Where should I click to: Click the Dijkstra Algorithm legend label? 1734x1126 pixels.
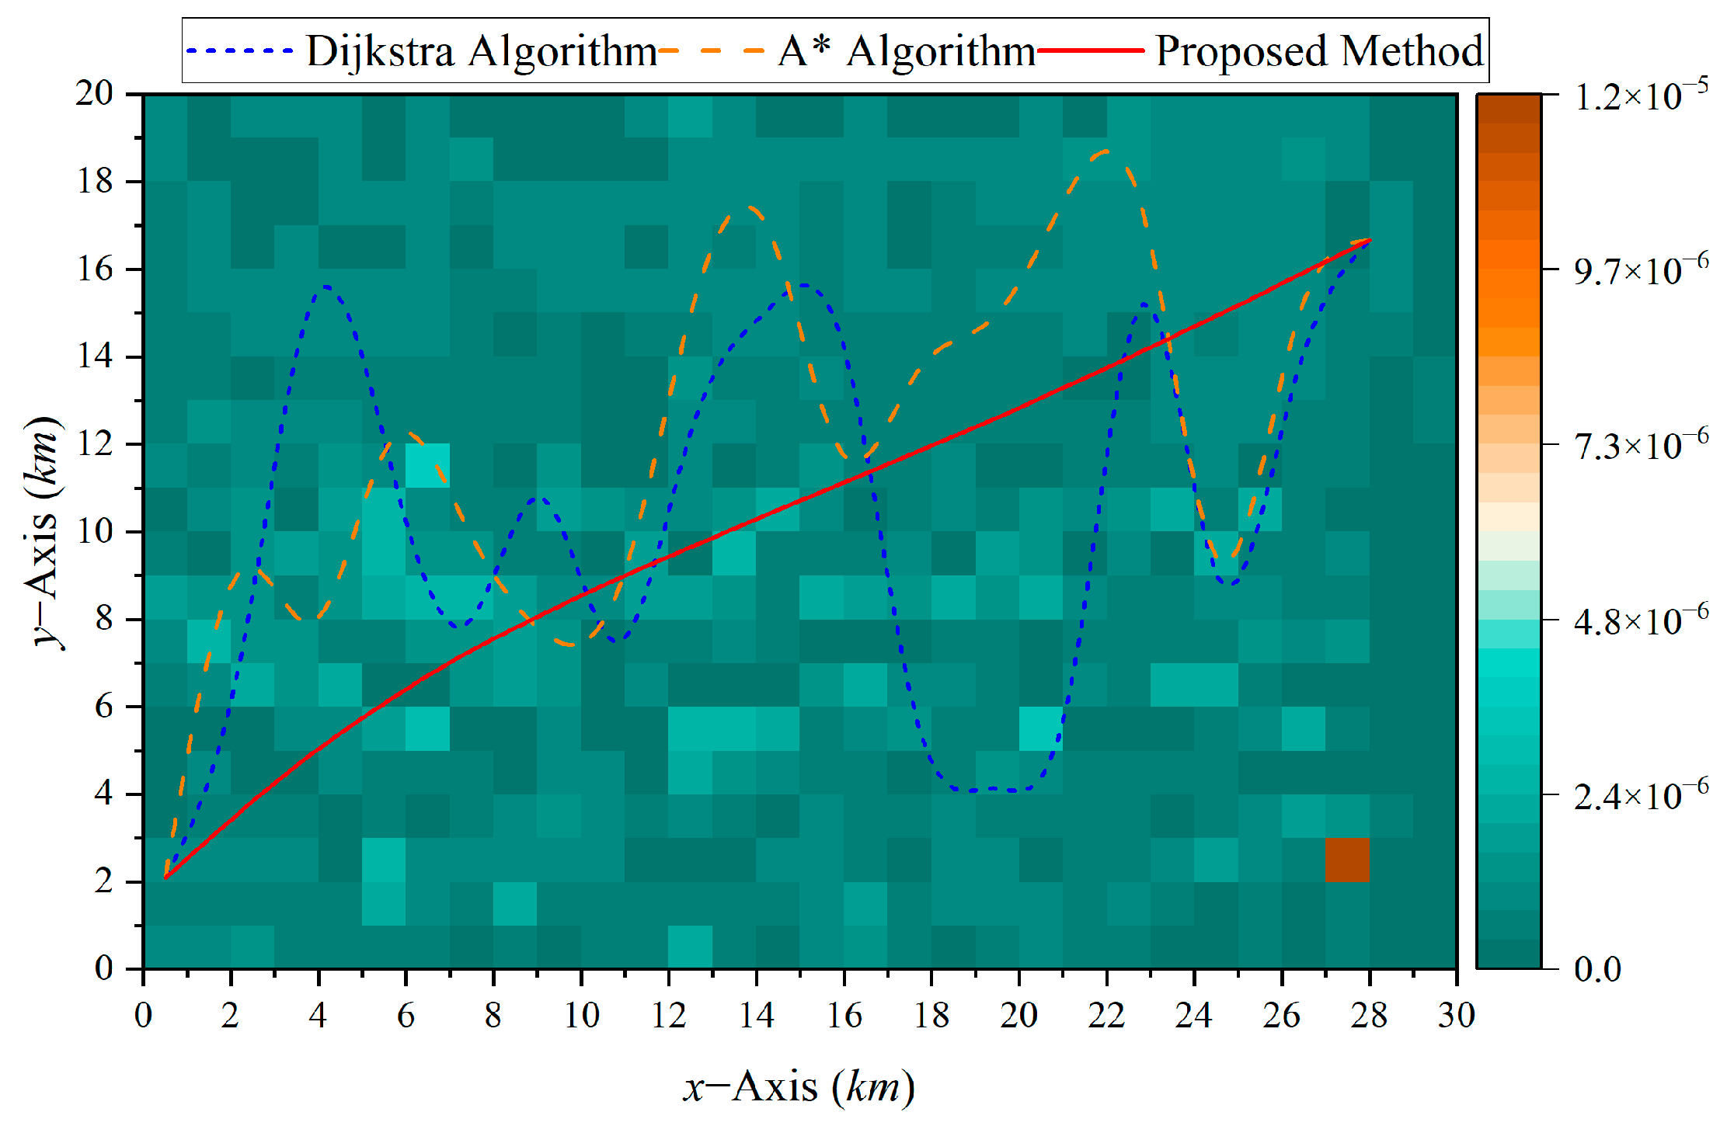point(481,52)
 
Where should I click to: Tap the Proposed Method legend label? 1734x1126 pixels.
point(1318,52)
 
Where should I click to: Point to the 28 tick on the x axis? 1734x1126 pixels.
point(1369,1015)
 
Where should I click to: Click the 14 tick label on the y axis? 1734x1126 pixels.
point(94,356)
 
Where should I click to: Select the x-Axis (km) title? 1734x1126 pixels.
point(799,1086)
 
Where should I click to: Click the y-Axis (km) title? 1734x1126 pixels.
point(44,532)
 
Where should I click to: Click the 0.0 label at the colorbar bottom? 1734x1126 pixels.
point(1597,969)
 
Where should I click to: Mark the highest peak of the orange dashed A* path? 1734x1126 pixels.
point(1105,151)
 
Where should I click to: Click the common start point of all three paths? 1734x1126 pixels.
point(165,878)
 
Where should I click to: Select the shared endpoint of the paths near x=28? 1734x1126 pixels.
point(1369,240)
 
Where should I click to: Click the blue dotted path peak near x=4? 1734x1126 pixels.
point(326,287)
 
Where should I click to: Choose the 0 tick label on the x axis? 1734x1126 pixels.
point(143,1015)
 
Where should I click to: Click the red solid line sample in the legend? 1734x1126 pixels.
point(1091,51)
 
